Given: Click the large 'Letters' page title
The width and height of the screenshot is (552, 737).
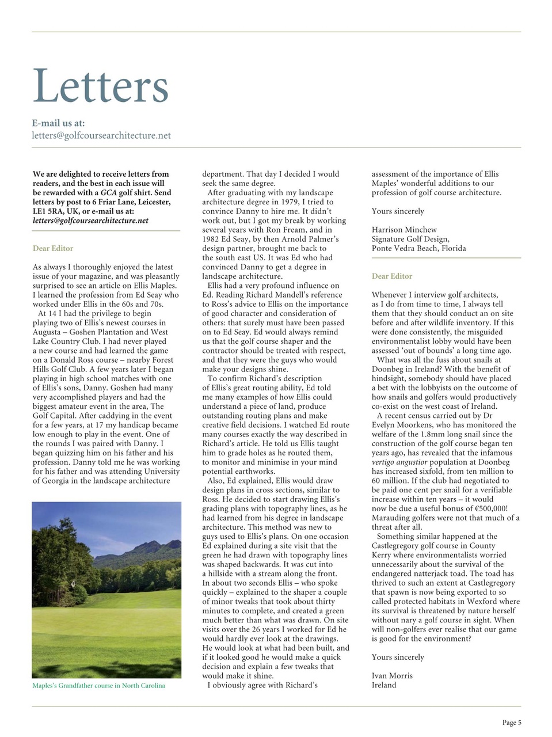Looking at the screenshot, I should coord(101,86).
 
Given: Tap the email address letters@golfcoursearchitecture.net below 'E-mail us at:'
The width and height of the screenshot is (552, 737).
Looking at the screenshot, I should coord(101,136).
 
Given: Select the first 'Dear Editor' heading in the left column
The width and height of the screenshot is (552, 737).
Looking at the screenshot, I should coord(53,249).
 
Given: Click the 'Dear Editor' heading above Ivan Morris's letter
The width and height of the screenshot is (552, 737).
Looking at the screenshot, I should coord(392,276).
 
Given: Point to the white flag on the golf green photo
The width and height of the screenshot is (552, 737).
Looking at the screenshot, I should coord(73,583).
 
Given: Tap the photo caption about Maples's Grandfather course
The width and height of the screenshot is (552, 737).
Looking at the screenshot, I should coord(98,686).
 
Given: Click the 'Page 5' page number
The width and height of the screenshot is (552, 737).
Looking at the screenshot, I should coord(511,723).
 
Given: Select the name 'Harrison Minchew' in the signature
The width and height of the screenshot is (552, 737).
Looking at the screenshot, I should coord(404,230).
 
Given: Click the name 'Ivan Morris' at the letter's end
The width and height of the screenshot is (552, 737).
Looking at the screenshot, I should coord(392,676).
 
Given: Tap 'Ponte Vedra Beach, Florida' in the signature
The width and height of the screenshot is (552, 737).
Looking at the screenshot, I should coord(418,249).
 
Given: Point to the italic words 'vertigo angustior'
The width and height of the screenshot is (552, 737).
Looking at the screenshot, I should coord(399,462).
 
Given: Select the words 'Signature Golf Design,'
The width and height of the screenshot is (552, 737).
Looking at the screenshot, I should coord(410,239).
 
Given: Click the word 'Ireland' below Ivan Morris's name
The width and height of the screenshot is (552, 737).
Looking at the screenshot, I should coord(384,685).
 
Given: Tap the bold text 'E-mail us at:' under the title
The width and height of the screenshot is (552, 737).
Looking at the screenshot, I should coord(58,123).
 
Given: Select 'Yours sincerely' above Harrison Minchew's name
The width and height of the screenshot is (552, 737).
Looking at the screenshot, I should coord(398,211).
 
